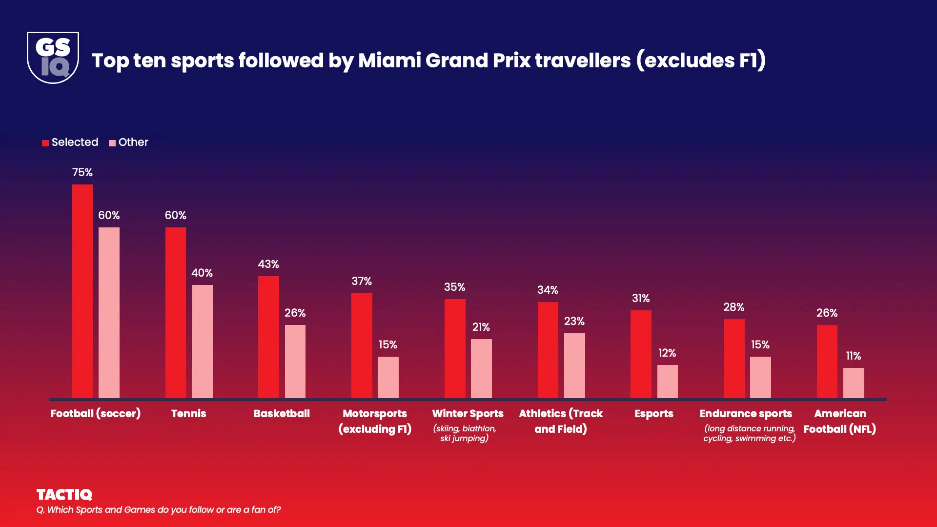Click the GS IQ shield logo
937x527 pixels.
53,58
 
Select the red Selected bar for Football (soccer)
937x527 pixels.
82,291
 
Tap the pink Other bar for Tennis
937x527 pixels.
202,341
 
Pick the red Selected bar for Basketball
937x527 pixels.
268,337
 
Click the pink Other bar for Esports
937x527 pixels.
667,381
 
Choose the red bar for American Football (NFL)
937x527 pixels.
827,361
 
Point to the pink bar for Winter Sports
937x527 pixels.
481,368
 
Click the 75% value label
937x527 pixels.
82,172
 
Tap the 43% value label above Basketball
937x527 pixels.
268,264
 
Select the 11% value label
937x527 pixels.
853,356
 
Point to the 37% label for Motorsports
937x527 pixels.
362,281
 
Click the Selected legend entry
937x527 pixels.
70,142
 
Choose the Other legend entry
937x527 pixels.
129,142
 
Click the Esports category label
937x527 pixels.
653,413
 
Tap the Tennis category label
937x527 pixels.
188,413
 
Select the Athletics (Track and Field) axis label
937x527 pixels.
561,421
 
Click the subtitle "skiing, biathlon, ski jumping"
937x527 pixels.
465,433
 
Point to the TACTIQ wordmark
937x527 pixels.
64,494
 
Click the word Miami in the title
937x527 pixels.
389,61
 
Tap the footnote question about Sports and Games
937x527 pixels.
159,509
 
